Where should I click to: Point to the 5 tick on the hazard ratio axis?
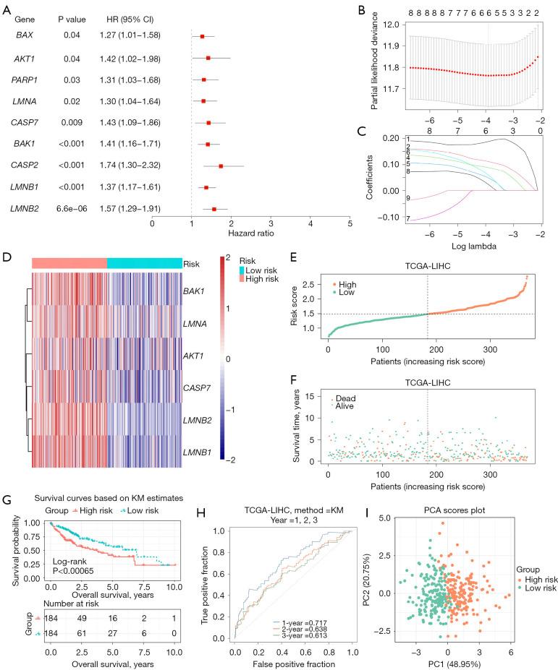[x=350, y=223]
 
